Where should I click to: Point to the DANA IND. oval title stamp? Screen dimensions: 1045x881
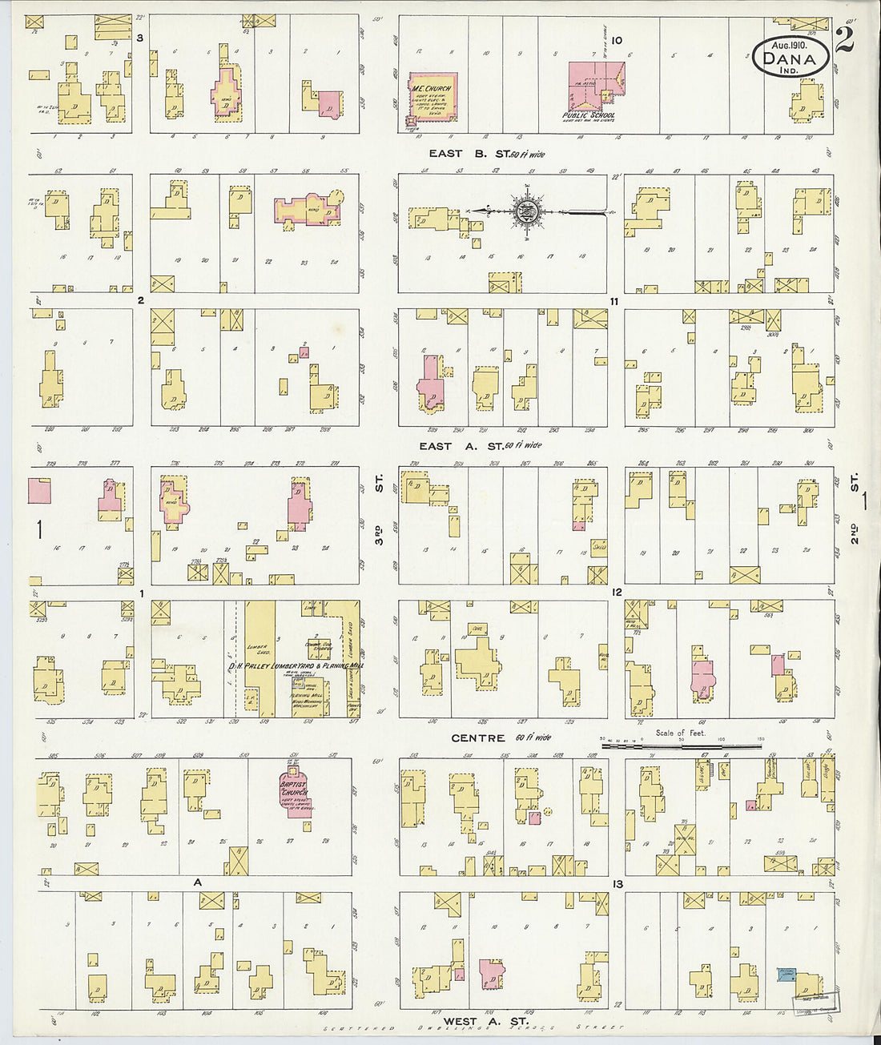pyautogui.click(x=790, y=58)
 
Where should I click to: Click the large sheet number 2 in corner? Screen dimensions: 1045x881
pyautogui.click(x=843, y=39)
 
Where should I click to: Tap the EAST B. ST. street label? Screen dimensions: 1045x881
pyautogui.click(x=486, y=153)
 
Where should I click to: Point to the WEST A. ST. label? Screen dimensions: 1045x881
pyautogui.click(x=485, y=1021)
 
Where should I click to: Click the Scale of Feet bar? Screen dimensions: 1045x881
pyautogui.click(x=681, y=744)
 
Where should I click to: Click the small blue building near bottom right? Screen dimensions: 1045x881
pyautogui.click(x=786, y=974)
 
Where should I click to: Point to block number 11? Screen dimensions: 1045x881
pyautogui.click(x=613, y=301)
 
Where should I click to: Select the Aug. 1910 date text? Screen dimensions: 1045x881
pyautogui.click(x=790, y=46)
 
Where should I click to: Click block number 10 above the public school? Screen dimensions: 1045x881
pyautogui.click(x=616, y=40)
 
